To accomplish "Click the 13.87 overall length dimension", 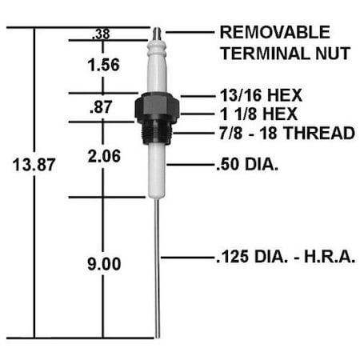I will (31, 166).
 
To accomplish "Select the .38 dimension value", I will (101, 34).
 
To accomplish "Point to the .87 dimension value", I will (101, 106).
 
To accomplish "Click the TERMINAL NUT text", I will (284, 54).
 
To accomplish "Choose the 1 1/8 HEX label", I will (255, 114).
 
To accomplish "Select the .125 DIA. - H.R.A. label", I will (285, 257).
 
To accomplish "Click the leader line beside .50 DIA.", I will (189, 166).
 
